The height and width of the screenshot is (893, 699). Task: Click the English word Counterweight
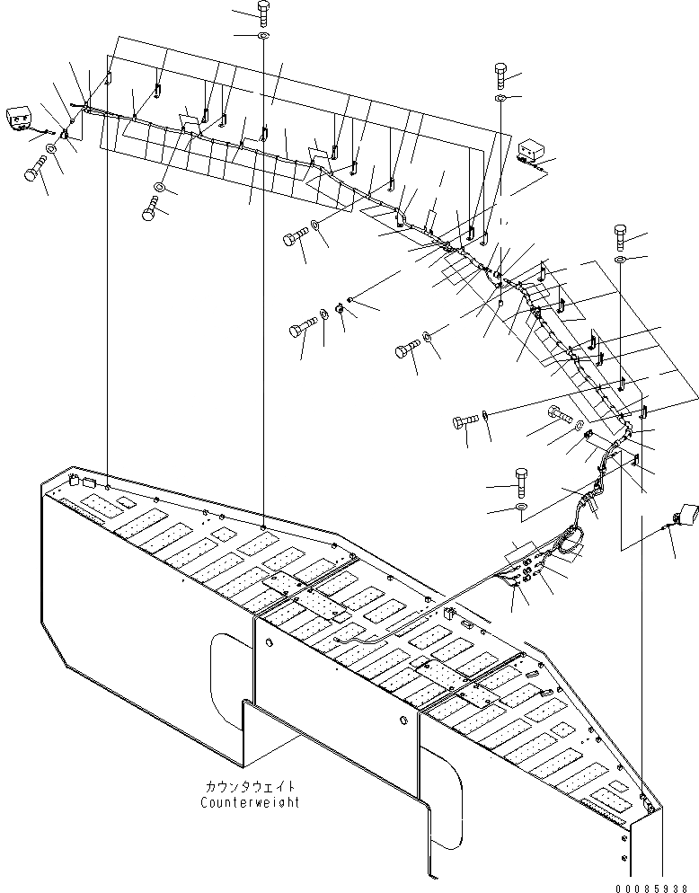(250, 802)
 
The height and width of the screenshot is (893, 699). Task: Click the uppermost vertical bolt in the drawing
(263, 13)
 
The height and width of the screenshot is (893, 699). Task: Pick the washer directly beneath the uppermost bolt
(262, 36)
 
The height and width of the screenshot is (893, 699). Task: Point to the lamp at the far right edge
(686, 520)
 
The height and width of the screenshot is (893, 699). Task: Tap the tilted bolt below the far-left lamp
(35, 170)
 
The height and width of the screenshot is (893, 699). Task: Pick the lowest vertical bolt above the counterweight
(521, 482)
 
